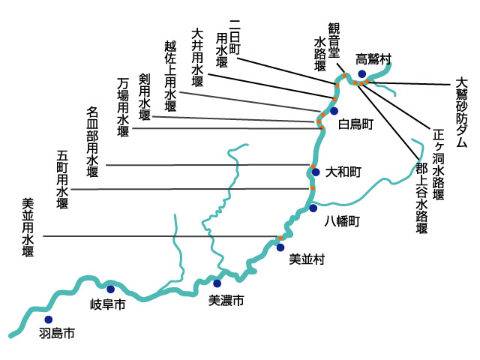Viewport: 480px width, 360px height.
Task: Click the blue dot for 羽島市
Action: coord(48,319)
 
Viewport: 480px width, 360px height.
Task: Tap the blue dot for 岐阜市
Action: coord(110,289)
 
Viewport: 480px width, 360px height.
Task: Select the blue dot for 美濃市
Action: coord(217,283)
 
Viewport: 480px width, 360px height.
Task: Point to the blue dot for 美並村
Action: coord(280,247)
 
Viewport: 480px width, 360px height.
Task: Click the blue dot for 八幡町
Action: coord(313,208)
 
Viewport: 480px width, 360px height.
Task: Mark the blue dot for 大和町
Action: coord(316,172)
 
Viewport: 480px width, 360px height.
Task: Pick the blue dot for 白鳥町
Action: coord(334,111)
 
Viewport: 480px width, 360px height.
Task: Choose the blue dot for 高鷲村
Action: coord(362,73)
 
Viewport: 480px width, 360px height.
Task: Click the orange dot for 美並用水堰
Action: coord(280,238)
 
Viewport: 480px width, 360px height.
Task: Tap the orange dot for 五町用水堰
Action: coord(313,188)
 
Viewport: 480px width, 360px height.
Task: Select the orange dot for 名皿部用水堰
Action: coord(313,166)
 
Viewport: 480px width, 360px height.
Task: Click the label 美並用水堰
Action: coord(28,227)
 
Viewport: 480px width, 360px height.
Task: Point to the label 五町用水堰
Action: coord(62,179)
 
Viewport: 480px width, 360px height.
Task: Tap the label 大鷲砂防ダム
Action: coord(461,113)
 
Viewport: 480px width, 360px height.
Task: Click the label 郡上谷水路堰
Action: coord(421,198)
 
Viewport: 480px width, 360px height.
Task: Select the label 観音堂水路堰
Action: coord(327,46)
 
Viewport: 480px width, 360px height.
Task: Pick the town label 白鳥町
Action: coord(355,124)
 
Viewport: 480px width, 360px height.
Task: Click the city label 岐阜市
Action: coord(108,304)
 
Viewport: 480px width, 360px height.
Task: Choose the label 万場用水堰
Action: coord(123,107)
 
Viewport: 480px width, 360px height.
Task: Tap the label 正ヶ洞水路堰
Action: coord(438,164)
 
